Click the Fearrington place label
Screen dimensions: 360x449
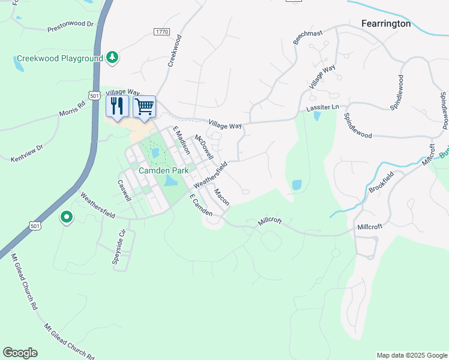(386, 23)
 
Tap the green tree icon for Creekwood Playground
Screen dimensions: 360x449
(112, 57)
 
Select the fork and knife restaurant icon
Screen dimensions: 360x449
(117, 106)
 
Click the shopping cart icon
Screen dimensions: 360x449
(144, 107)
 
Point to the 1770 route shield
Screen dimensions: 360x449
(161, 32)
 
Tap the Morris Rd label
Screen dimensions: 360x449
(72, 108)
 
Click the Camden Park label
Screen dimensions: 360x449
(164, 170)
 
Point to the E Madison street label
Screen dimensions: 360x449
(181, 140)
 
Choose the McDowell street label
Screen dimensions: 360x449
(204, 147)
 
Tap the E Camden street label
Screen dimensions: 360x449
(200, 205)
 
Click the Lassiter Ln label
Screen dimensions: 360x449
(323, 107)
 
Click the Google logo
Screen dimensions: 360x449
(20, 353)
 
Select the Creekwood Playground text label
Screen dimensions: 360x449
(60, 59)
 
